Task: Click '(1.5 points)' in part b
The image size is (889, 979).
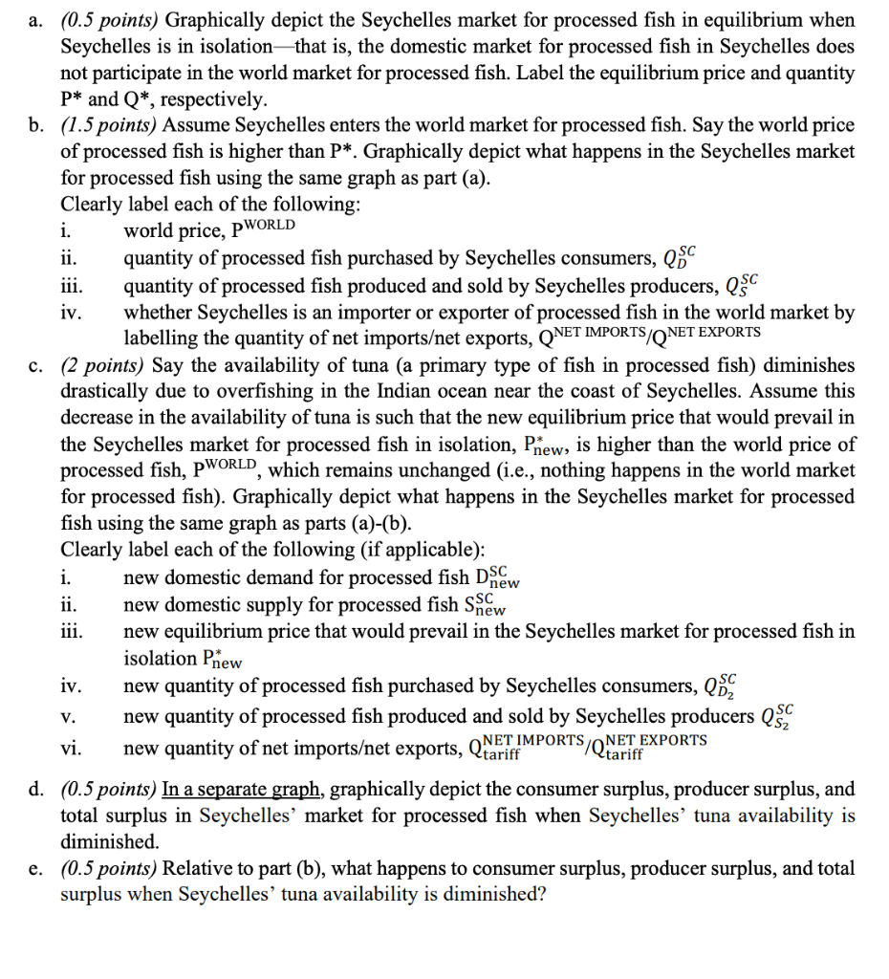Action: [106, 126]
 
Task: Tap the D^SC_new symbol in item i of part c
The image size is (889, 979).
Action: [497, 579]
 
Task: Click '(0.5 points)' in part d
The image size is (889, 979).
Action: [106, 790]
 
